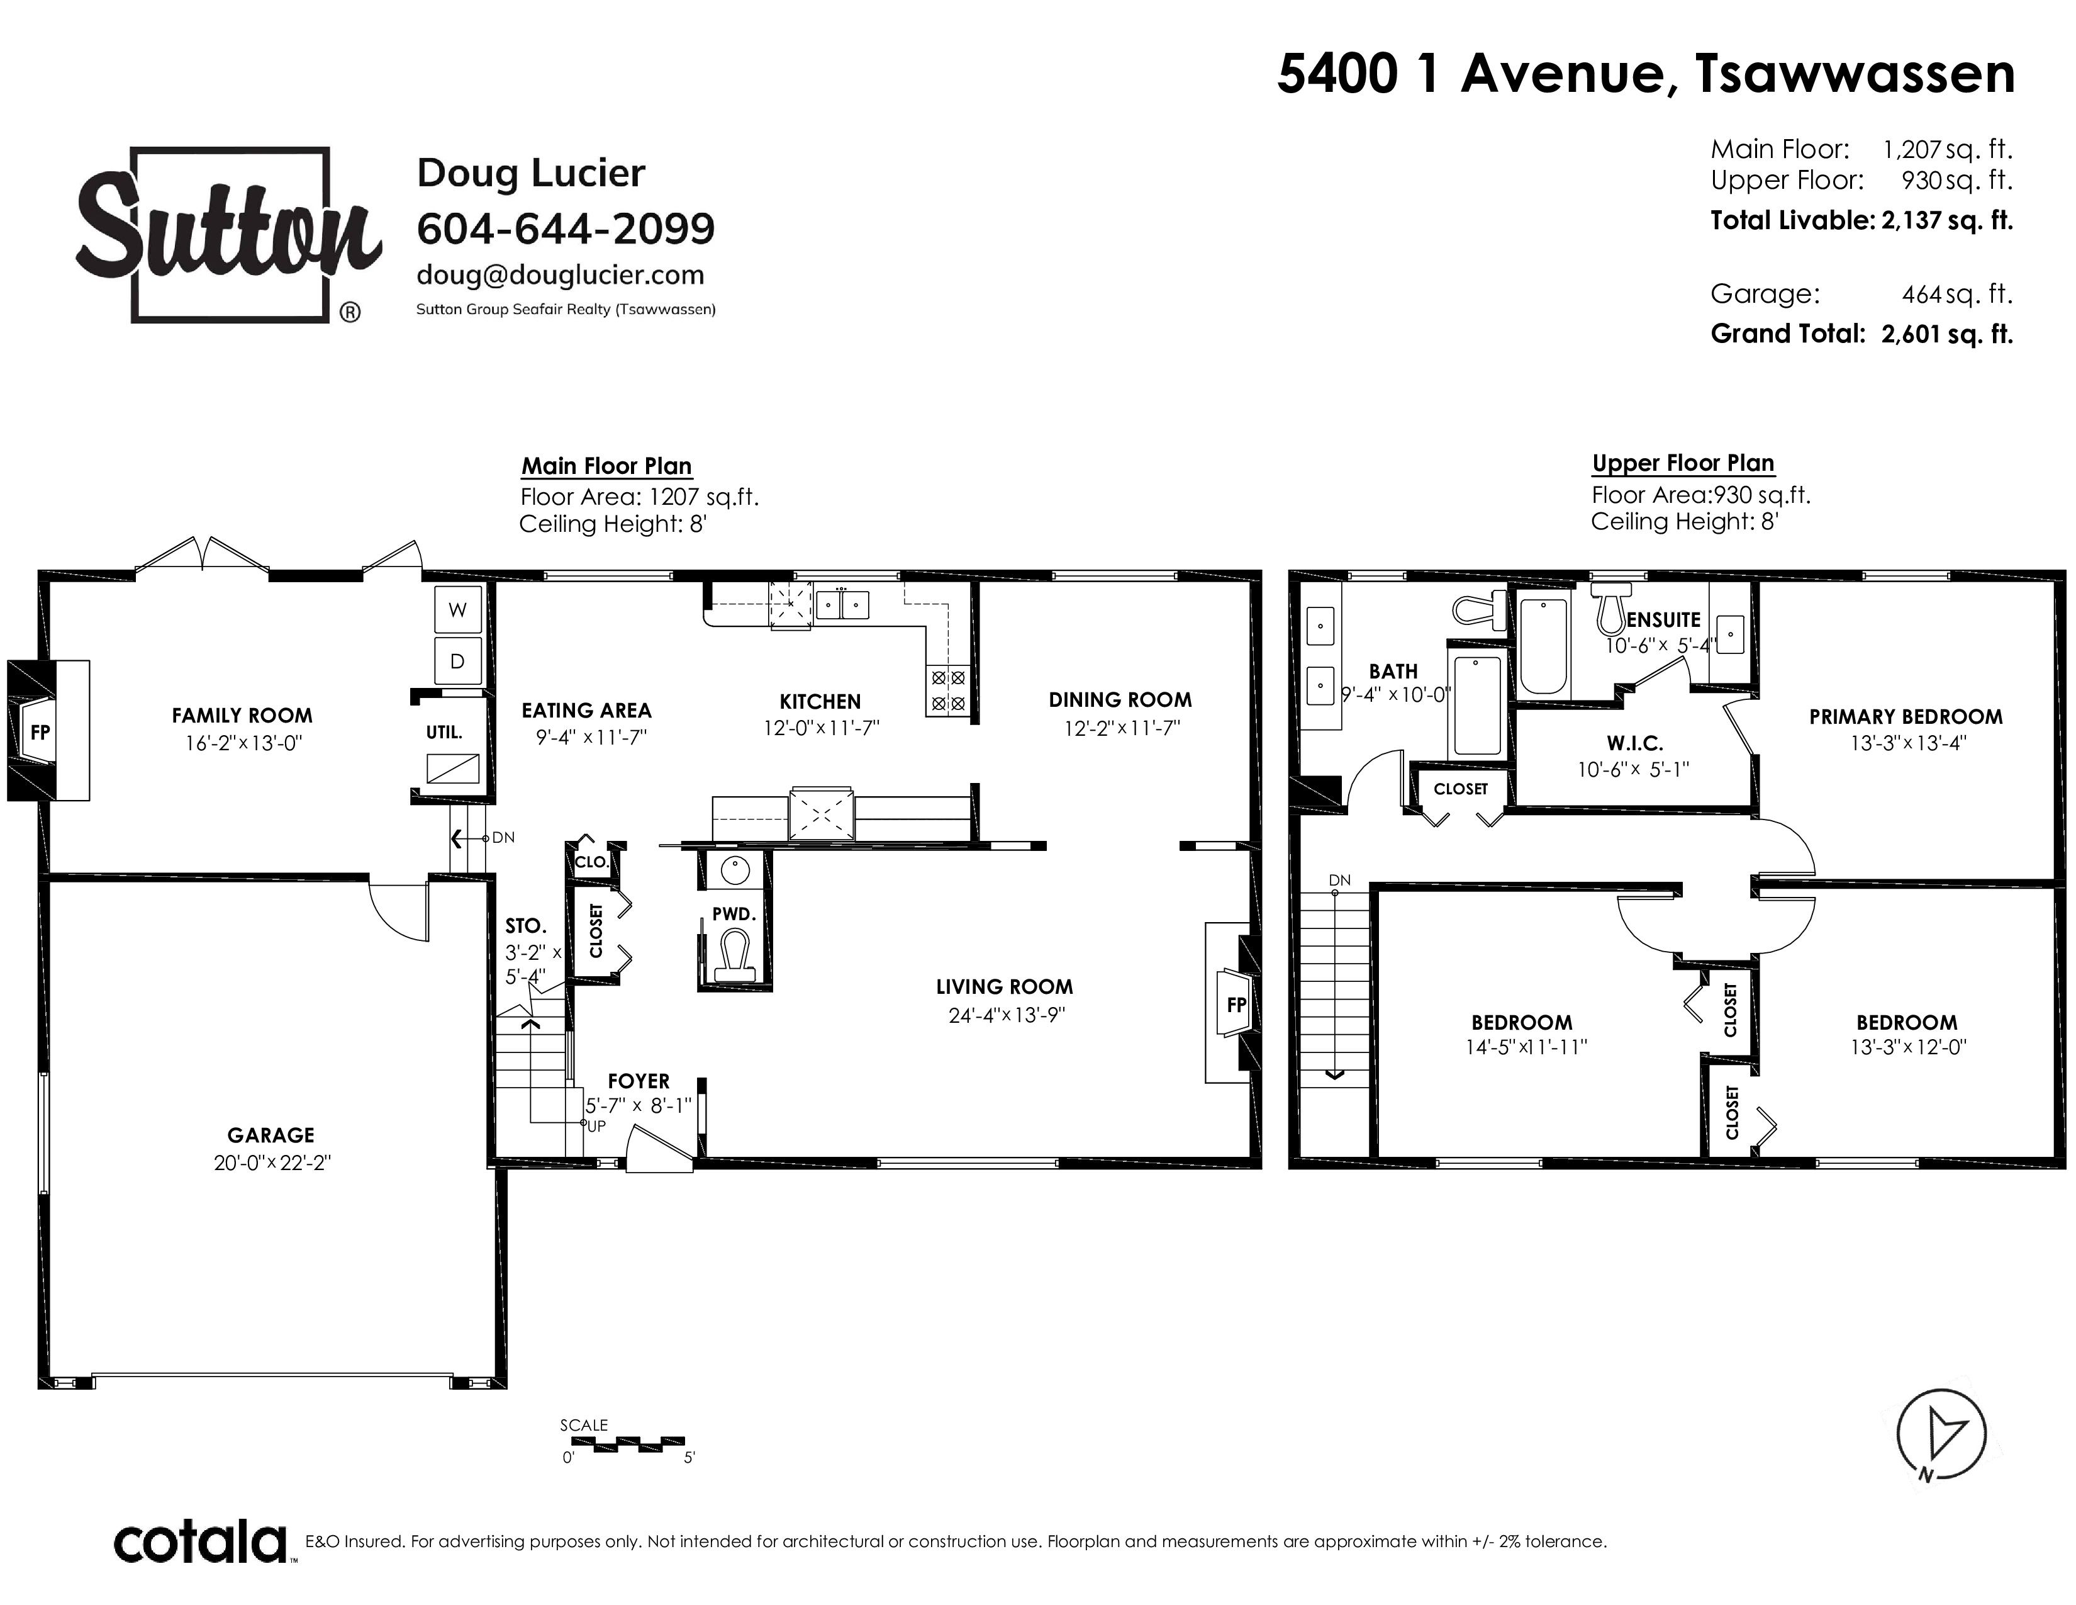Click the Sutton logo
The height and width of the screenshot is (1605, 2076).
point(228,235)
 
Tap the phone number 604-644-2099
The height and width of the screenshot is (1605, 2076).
point(566,228)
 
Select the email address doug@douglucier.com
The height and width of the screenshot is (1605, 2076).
point(561,276)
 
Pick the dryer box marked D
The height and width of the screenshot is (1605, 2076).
point(458,661)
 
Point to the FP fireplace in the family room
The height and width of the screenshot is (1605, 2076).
point(40,731)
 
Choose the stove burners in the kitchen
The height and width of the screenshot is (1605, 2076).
point(947,690)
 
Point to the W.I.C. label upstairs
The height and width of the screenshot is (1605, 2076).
point(1635,743)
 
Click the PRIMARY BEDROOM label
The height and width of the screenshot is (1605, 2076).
point(1906,717)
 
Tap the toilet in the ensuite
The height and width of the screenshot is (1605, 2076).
point(1610,609)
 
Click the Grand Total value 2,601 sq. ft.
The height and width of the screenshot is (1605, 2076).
point(1947,334)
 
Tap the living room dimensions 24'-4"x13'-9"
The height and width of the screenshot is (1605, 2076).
point(1007,1015)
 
